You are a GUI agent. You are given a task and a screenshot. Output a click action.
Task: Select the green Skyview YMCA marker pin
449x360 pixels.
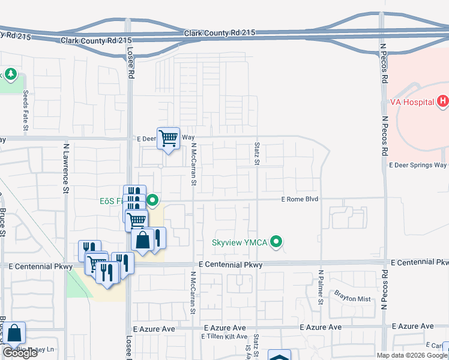[x=276, y=242]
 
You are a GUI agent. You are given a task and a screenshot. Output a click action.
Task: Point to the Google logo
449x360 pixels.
[x=20, y=353]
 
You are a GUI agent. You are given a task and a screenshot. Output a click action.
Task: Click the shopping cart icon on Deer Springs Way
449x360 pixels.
[x=169, y=139]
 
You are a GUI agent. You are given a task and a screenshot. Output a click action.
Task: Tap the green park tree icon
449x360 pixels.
[x=10, y=74]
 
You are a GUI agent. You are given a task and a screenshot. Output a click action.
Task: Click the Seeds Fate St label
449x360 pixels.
[x=26, y=112]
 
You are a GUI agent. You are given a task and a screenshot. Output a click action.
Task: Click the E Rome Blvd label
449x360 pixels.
[x=300, y=199]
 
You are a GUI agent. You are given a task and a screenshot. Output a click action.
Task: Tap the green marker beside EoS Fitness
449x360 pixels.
[x=153, y=200]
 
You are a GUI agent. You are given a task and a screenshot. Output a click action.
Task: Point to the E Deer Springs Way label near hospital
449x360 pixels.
[x=418, y=165]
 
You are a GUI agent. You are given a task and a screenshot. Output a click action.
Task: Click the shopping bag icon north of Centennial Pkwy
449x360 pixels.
[x=143, y=241]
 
